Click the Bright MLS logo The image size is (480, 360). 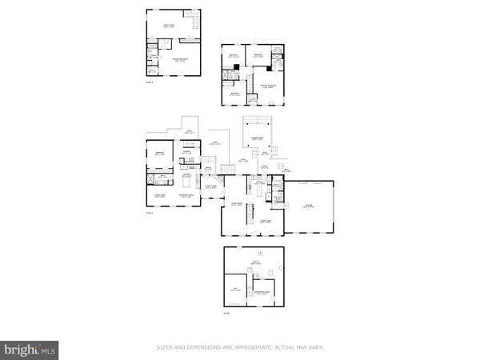[30, 348]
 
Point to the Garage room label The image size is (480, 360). [310, 206]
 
